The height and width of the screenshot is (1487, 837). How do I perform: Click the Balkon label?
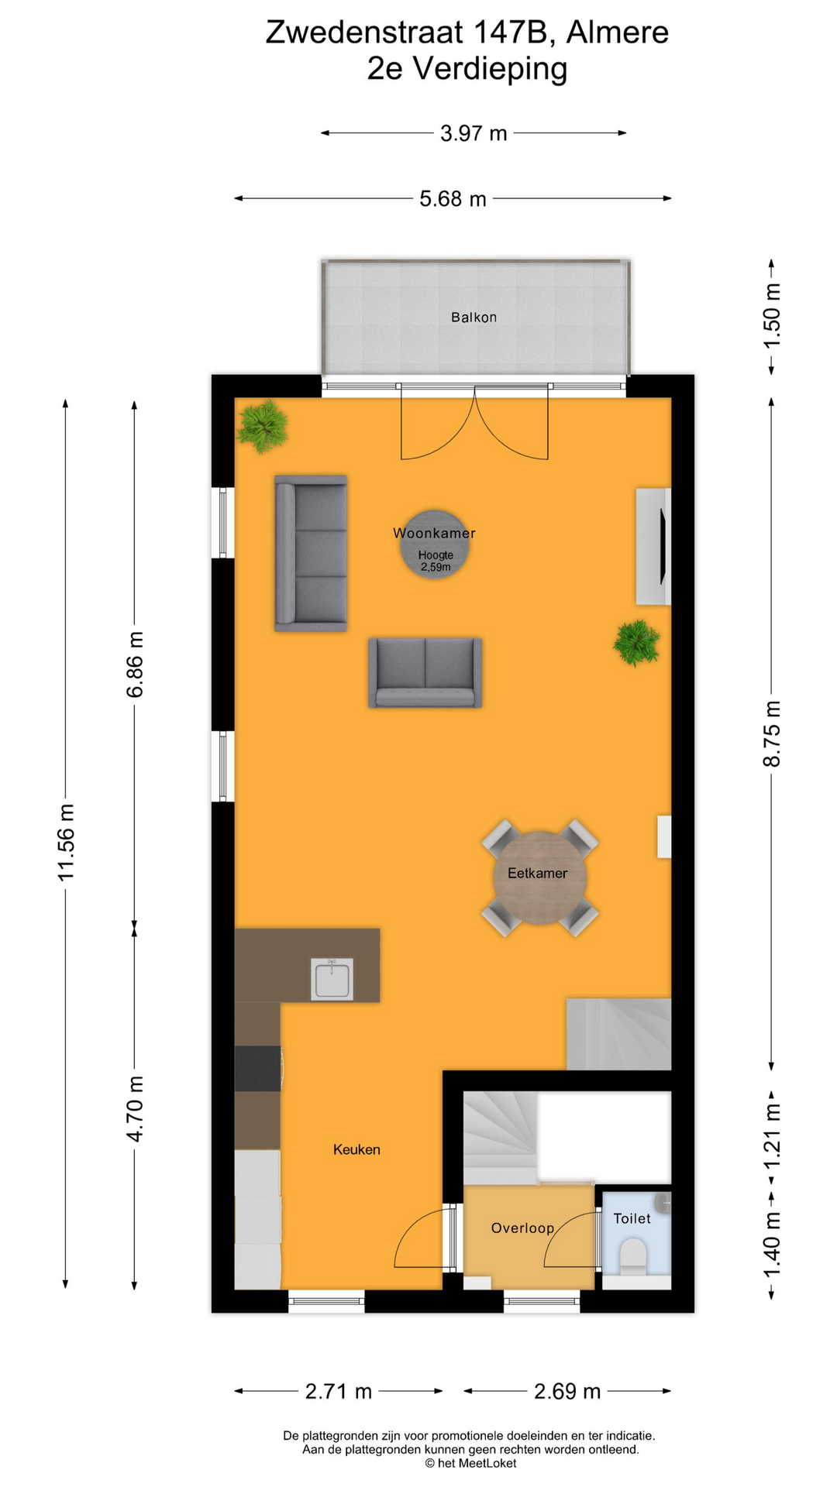pos(474,317)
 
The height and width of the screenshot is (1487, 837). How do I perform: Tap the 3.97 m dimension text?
pos(474,133)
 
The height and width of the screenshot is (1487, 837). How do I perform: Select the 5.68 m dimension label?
pos(453,199)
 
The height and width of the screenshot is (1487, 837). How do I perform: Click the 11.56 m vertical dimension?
pos(67,842)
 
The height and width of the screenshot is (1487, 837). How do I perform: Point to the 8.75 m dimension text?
pos(772,733)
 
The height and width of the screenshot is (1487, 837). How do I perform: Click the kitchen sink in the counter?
pos(332,979)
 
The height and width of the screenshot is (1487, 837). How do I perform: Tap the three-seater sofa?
pos(311,553)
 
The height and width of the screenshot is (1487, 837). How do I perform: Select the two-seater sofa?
pos(425,672)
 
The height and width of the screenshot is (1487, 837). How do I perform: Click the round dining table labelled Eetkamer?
pos(540,877)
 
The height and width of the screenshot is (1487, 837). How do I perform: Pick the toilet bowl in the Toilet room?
pos(634,1255)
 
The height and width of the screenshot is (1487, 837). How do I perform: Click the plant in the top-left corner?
pos(263,425)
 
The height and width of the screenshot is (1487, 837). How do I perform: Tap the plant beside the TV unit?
pos(636,642)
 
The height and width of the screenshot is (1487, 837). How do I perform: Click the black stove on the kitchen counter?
pos(258,1068)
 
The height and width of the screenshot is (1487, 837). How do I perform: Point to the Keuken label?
pos(356,1149)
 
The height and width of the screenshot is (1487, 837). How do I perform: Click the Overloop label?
pos(522,1228)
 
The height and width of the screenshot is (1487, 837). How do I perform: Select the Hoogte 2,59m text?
pos(436,561)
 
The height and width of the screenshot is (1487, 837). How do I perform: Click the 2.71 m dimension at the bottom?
pos(339,1392)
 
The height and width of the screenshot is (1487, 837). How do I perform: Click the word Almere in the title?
pos(617,33)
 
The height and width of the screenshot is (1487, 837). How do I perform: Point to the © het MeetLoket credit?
pos(470,1463)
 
